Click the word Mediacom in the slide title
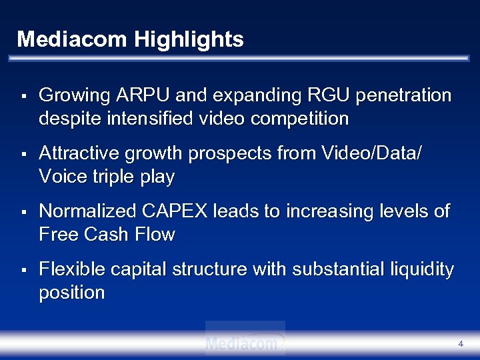[x=72, y=39]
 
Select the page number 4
[x=461, y=343]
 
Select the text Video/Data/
[x=371, y=153]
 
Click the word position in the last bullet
[x=72, y=293]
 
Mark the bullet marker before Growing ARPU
[x=23, y=97]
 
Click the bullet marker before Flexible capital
[x=23, y=271]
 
